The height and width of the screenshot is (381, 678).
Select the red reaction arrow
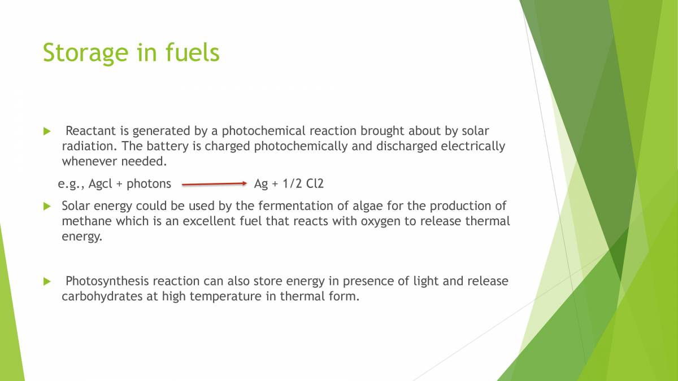pyautogui.click(x=215, y=183)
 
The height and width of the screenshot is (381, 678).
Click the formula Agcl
pyautogui.click(x=101, y=183)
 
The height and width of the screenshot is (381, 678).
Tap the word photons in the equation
pyautogui.click(x=149, y=183)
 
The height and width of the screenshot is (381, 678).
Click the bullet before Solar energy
pyautogui.click(x=47, y=206)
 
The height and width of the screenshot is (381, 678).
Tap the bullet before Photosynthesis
pyautogui.click(x=47, y=281)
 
